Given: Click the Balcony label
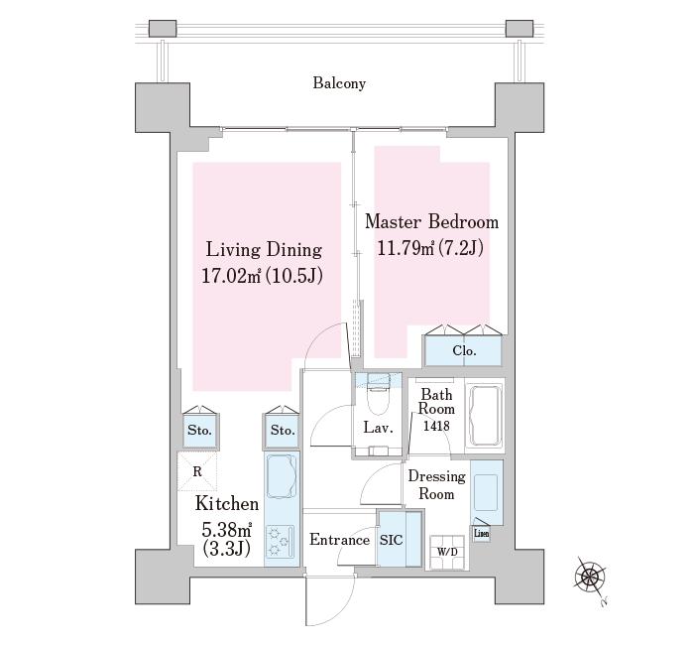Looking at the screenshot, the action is tap(339, 83).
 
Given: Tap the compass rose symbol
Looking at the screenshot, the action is tap(590, 577).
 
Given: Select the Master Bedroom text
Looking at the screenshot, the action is tap(431, 221).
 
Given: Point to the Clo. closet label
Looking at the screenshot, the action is tap(464, 351).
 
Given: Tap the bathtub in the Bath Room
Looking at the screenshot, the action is tap(486, 416).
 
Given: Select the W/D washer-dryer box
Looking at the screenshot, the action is tap(447, 552).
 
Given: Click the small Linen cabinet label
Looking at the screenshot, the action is tap(482, 534).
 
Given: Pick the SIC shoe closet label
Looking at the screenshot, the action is tap(392, 540).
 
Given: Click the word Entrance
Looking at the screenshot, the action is tap(339, 540).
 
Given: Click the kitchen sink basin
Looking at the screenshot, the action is tap(282, 475).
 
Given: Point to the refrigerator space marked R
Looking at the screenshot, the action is tap(197, 471).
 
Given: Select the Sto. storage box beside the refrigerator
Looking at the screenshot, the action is tap(200, 430).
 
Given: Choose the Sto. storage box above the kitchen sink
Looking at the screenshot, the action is tap(283, 430).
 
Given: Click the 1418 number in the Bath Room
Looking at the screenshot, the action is tap(436, 426).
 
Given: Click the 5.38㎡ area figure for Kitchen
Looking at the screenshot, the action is tap(227, 529).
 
